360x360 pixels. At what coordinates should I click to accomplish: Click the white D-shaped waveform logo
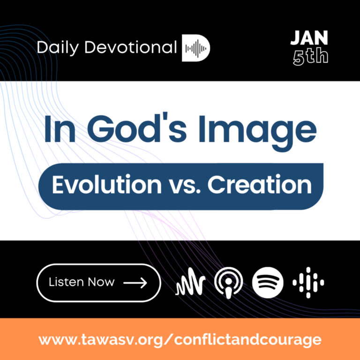tap(196, 48)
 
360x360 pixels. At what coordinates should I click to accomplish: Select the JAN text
tap(308, 39)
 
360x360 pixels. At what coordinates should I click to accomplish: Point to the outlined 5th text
tap(310, 57)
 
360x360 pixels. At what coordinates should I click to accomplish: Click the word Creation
tap(260, 185)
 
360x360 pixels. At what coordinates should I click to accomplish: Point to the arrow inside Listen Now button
tap(135, 283)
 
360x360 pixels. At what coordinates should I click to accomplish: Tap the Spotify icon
tap(268, 283)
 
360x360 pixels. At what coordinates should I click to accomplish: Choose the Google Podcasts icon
tap(308, 283)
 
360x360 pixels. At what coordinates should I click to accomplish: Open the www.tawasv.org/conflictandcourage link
tap(180, 339)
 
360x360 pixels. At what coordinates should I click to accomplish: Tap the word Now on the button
tap(101, 282)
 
